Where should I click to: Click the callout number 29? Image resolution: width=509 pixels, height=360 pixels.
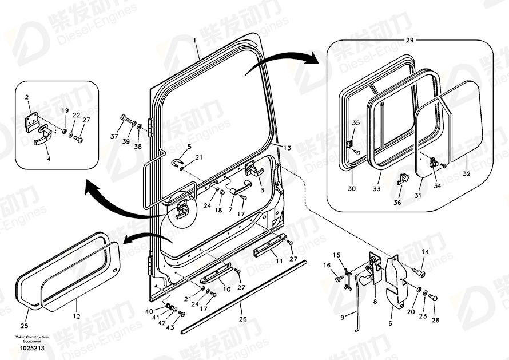[409, 41]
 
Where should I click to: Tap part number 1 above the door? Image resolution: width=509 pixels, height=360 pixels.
[194, 41]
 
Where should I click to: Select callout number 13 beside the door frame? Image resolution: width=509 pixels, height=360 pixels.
[287, 148]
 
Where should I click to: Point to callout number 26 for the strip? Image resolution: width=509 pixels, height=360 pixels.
[242, 319]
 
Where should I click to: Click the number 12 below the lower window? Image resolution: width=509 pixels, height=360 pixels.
[76, 316]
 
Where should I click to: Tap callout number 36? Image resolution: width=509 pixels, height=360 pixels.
[397, 202]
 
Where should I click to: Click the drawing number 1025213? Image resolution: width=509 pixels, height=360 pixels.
[27, 348]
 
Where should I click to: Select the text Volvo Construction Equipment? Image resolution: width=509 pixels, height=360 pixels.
[27, 339]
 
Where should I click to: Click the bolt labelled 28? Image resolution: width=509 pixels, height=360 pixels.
[433, 298]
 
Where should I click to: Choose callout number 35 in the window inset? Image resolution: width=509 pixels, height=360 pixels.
[355, 123]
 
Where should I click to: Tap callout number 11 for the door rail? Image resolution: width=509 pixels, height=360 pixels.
[279, 260]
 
